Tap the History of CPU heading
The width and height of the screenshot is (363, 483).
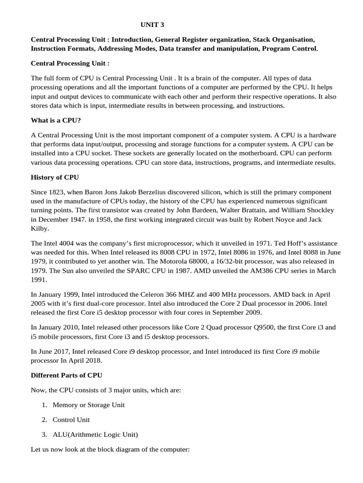tap(55, 178)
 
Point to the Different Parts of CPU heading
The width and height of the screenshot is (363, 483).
tap(66, 375)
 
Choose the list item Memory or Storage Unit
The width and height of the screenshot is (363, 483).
tap(88, 405)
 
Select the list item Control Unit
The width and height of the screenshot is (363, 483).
tap(71, 419)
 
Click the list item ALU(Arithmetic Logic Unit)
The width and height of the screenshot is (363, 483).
tap(95, 434)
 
